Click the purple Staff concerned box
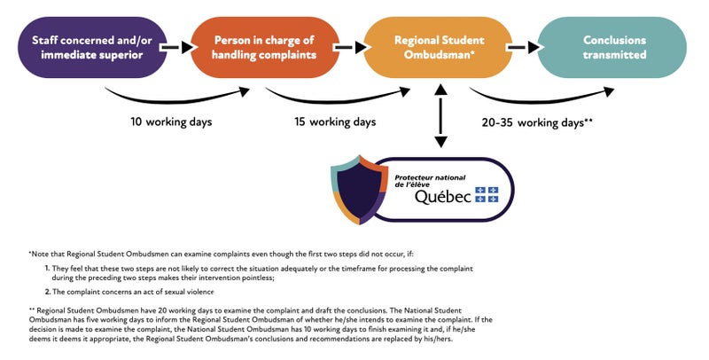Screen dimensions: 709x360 tap(92, 47)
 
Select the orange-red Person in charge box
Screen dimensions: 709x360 tap(264, 47)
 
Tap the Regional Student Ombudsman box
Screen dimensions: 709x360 tap(438, 47)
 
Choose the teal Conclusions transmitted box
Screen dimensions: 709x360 tap(612, 47)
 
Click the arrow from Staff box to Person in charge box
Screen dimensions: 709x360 tap(177, 47)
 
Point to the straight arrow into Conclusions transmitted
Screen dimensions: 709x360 tap(523, 47)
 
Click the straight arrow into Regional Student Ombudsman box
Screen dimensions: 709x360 tap(350, 47)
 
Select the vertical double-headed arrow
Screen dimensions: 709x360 tap(440, 116)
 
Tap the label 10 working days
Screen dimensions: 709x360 tap(171, 122)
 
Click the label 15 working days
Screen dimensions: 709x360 tap(335, 122)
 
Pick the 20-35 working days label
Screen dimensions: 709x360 tap(537, 122)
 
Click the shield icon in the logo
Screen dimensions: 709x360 tap(360, 190)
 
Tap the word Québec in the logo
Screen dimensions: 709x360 tap(443, 197)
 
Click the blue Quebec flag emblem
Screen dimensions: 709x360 tap(487, 194)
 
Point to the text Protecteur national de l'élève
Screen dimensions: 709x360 tap(430, 181)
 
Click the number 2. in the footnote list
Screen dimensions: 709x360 tap(48, 292)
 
